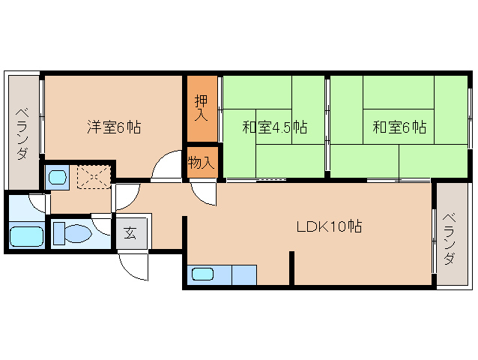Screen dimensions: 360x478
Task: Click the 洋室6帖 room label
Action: click(x=112, y=127)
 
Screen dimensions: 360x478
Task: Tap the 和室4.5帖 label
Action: click(x=274, y=127)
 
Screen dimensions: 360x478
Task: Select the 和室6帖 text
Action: click(x=399, y=127)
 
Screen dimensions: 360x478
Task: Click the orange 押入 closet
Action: click(x=202, y=108)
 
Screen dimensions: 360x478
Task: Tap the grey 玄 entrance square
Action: click(x=130, y=232)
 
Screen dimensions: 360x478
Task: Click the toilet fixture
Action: click(x=74, y=233)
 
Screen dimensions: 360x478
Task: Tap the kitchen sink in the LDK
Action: click(x=203, y=274)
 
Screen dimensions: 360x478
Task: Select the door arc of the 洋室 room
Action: click(x=166, y=167)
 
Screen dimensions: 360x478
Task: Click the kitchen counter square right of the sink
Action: click(x=243, y=274)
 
